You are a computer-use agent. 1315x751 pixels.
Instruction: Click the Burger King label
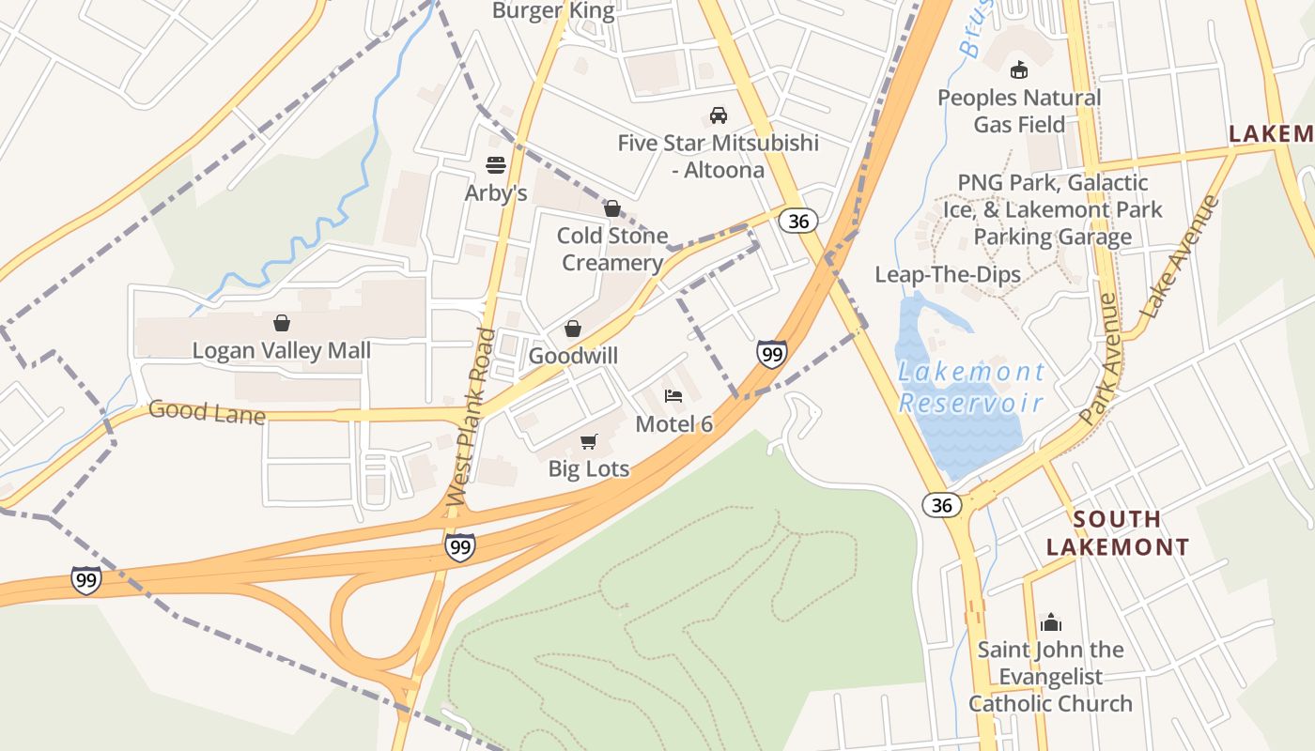click(x=553, y=11)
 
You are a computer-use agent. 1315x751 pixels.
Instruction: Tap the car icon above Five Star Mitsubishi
click(x=719, y=115)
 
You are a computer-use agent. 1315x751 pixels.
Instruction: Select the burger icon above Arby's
click(x=496, y=165)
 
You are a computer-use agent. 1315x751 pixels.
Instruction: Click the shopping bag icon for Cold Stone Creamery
click(x=612, y=208)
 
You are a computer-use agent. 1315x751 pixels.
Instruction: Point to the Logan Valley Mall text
click(x=282, y=350)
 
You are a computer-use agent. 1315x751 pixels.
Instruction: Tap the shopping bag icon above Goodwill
click(x=572, y=329)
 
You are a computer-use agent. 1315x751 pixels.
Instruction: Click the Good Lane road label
click(x=207, y=412)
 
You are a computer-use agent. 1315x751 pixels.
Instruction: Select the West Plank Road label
click(x=472, y=416)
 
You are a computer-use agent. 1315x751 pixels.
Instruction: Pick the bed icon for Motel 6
click(x=673, y=396)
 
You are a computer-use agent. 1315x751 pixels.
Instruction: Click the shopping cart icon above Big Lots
click(x=589, y=441)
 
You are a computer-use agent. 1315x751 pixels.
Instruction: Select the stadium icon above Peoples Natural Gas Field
click(x=1018, y=69)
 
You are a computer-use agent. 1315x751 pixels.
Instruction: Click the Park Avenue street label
click(x=1100, y=359)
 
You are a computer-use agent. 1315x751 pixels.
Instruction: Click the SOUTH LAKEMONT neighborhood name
click(x=1118, y=532)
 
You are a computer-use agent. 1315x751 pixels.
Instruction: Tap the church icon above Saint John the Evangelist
click(x=1050, y=621)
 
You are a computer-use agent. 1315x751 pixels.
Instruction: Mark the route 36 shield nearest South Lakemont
click(x=941, y=505)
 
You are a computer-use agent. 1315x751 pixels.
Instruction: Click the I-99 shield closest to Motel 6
click(x=771, y=354)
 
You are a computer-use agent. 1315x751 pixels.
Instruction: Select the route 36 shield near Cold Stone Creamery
click(x=798, y=221)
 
